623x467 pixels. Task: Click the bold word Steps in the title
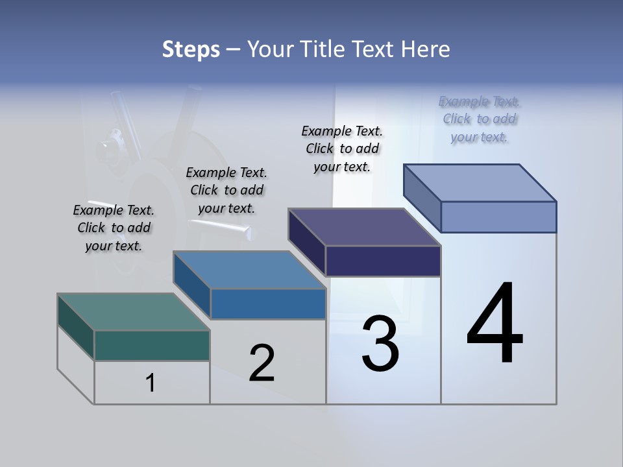point(190,49)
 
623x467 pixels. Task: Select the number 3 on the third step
point(380,344)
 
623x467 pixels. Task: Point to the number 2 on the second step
point(262,363)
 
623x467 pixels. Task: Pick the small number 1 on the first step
point(151,383)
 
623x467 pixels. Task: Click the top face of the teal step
point(133,311)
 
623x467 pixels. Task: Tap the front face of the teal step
point(152,345)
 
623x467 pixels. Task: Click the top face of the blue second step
point(249,269)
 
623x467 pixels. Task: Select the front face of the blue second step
point(268,304)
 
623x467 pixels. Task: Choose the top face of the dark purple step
point(364,227)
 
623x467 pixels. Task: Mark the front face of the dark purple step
point(383,261)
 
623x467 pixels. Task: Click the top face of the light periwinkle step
point(480,182)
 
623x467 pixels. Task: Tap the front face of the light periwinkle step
point(498,217)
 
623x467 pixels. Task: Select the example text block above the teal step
point(114,228)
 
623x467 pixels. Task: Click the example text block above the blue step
point(226,190)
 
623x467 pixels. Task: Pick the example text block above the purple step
point(342,149)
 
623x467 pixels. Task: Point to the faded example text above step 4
point(480,119)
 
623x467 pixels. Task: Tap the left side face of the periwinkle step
point(422,198)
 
